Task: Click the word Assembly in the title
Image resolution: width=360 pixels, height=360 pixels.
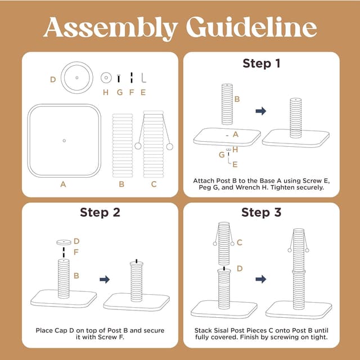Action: tap(111, 29)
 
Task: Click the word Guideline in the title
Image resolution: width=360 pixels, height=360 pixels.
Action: tap(251, 27)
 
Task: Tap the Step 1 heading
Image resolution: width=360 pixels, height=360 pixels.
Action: tap(262, 63)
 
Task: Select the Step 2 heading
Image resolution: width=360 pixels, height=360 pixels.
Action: tap(100, 212)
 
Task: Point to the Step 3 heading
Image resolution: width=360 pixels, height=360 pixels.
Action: tap(261, 212)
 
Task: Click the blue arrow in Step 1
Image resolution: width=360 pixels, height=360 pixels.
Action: tap(261, 111)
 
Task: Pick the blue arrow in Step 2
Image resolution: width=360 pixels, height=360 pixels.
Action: tap(105, 280)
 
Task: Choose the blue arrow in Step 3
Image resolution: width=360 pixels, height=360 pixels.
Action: tap(261, 279)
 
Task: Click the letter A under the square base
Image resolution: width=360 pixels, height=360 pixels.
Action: tap(63, 184)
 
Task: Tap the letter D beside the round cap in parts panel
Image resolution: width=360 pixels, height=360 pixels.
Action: tap(53, 79)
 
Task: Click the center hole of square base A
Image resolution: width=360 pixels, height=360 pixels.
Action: tap(64, 141)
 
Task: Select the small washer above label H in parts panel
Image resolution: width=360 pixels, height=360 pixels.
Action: tap(106, 78)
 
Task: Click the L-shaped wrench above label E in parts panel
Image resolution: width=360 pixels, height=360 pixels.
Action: tap(143, 78)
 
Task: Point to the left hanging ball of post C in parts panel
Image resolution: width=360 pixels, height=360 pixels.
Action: tap(138, 146)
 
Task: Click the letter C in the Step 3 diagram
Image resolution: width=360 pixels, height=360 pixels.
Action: tap(240, 242)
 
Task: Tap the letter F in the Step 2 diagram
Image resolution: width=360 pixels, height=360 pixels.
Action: tap(76, 253)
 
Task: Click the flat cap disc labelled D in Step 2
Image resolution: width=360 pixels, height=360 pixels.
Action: tap(64, 242)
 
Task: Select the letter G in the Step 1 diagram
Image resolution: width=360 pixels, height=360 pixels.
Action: tap(222, 155)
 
